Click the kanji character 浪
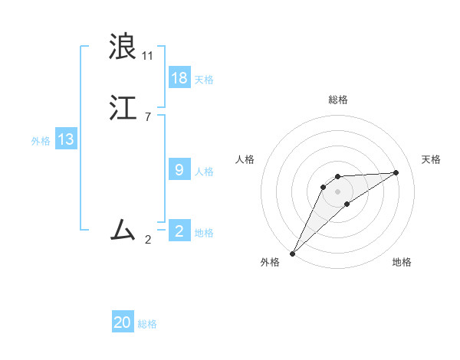point(123,47)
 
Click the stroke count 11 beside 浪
point(148,56)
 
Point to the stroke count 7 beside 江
point(147,116)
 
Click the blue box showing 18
point(179,78)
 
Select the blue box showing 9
point(179,170)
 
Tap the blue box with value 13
point(66,139)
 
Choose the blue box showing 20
point(123,323)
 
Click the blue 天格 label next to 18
point(204,80)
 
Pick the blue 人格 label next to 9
point(204,172)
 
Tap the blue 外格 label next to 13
point(41,141)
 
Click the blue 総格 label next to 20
point(147,325)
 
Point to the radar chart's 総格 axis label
point(338,100)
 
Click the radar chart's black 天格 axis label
point(432,159)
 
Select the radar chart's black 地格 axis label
point(402,262)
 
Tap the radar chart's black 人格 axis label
point(245,159)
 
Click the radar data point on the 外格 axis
point(292,254)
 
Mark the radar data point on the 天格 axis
point(396,172)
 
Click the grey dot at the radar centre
point(338,191)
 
